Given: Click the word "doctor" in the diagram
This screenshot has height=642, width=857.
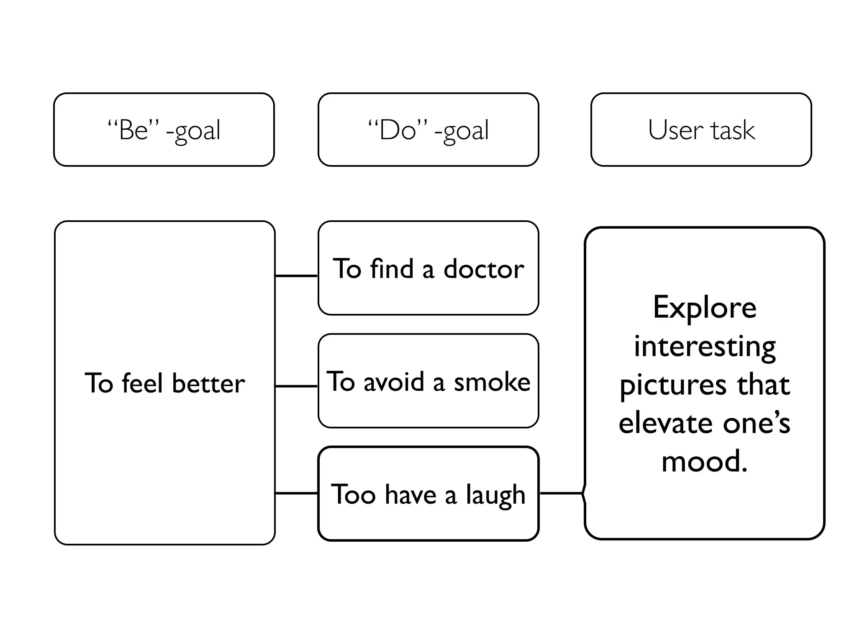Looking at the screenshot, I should point(483,269).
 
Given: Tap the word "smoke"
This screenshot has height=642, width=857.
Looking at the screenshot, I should point(492,382).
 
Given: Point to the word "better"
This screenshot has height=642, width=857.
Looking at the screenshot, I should point(208,383).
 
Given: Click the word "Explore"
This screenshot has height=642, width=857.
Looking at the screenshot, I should point(705,307).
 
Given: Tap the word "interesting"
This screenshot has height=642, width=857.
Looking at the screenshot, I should point(705,346).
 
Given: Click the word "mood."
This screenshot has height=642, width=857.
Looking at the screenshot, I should point(705,461).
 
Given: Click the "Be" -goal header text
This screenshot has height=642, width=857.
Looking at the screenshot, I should point(164,130).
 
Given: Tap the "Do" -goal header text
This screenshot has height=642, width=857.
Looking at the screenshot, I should point(428,130).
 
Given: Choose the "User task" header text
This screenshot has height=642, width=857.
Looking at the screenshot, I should point(701,130).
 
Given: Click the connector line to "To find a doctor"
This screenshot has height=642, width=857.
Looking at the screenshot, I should point(296,276).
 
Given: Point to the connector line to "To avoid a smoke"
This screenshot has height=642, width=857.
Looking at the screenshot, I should point(296,386).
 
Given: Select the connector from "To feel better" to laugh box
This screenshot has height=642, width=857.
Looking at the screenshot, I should point(296,493).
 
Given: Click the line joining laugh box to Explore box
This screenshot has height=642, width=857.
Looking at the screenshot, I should point(561,493).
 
